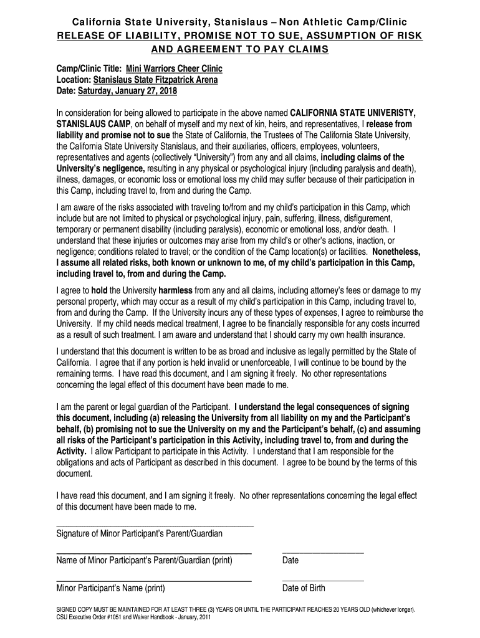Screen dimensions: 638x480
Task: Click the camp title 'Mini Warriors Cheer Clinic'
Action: click(x=174, y=69)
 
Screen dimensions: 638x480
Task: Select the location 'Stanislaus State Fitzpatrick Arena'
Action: click(x=156, y=80)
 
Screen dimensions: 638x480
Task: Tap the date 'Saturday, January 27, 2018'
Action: click(x=127, y=91)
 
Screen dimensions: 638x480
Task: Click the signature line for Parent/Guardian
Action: click(x=155, y=526)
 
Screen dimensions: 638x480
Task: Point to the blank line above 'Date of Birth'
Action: click(x=323, y=581)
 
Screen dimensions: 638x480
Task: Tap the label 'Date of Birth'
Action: click(x=304, y=588)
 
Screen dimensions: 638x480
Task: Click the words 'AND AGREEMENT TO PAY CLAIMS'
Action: click(x=240, y=49)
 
